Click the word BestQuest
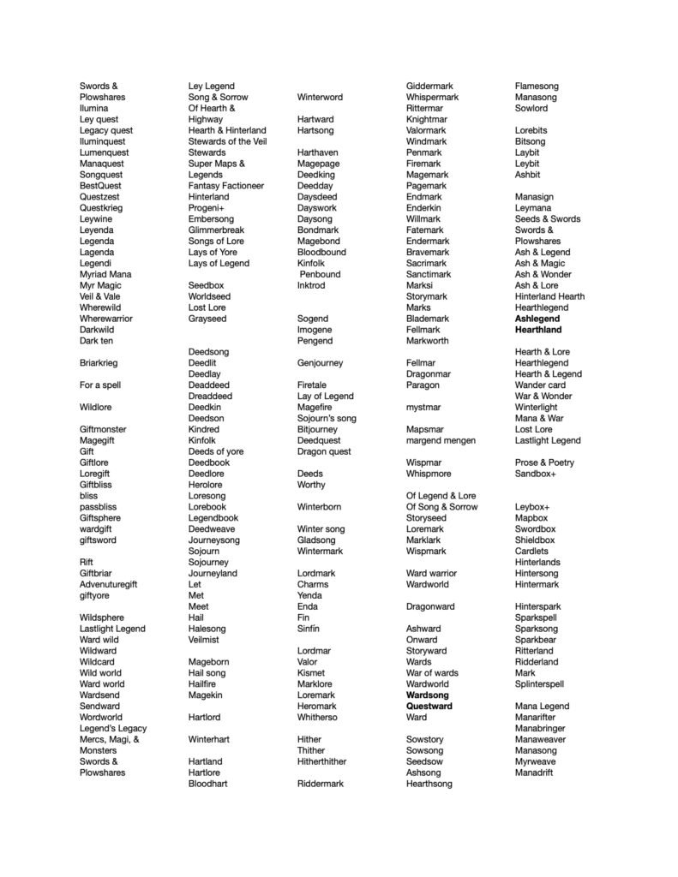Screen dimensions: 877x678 pos(100,186)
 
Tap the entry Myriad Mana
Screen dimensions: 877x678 pos(105,274)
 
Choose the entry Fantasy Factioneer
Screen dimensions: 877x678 pos(226,186)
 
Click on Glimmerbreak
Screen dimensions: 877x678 pos(216,230)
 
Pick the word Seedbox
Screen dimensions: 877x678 pos(206,285)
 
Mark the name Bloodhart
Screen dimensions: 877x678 pos(208,784)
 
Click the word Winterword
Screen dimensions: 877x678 pos(320,98)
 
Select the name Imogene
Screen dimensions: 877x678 pos(315,330)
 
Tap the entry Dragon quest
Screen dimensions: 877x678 pos(324,451)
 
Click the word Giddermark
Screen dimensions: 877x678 pos(429,87)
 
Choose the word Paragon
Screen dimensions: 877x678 pos(423,385)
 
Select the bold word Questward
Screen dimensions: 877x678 pos(429,707)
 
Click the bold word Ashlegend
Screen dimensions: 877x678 pos(537,319)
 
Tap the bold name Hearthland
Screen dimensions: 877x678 pos(538,330)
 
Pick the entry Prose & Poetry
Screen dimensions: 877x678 pos(544,462)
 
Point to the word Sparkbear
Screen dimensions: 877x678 pos(536,640)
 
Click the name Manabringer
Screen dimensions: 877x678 pos(540,728)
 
